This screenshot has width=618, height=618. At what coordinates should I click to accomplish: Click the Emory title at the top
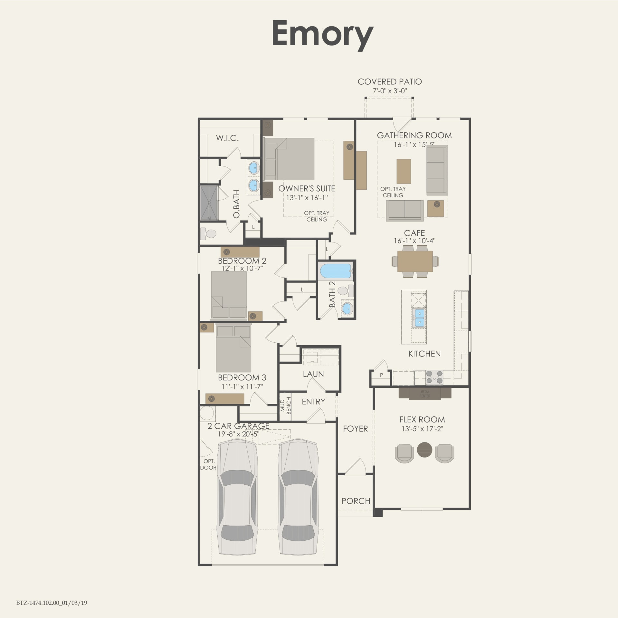click(322, 34)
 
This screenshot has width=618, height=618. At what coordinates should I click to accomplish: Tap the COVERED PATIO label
click(390, 82)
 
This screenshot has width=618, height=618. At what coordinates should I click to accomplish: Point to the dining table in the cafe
click(415, 261)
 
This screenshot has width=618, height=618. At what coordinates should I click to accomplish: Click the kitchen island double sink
click(419, 317)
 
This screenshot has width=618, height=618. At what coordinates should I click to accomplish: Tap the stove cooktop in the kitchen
click(434, 377)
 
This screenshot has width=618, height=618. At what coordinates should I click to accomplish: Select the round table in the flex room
click(424, 449)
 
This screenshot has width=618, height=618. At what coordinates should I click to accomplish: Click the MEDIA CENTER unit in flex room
click(425, 394)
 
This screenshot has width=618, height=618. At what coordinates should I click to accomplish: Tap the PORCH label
click(356, 501)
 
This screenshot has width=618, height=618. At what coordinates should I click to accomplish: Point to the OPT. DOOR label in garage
click(208, 464)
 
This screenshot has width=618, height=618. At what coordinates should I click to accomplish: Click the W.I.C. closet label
click(227, 138)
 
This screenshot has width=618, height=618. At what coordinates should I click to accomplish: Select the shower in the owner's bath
click(209, 203)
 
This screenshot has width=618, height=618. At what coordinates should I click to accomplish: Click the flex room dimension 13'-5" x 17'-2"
click(422, 429)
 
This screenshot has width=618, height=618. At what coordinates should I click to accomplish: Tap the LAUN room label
click(313, 374)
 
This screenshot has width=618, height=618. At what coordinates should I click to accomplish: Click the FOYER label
click(355, 429)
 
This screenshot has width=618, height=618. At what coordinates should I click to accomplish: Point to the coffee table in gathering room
click(404, 171)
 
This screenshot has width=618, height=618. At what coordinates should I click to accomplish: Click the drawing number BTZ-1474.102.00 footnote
click(52, 603)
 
